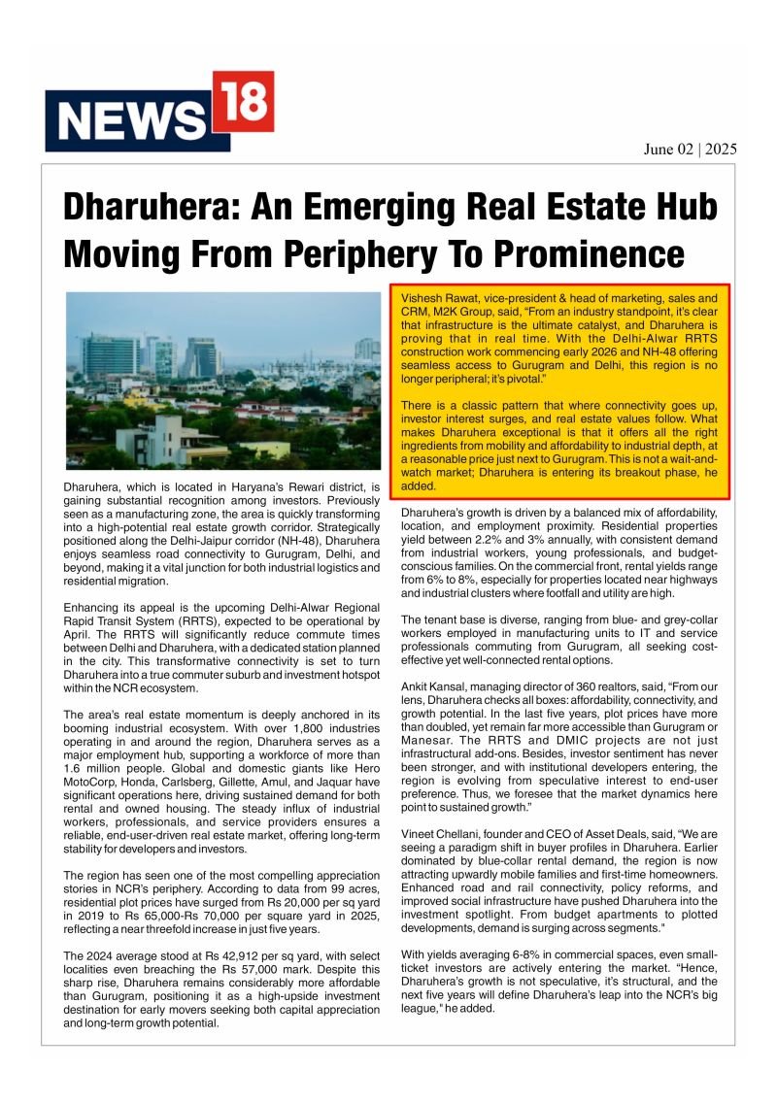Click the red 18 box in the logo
click(x=243, y=104)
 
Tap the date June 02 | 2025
click(x=690, y=149)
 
